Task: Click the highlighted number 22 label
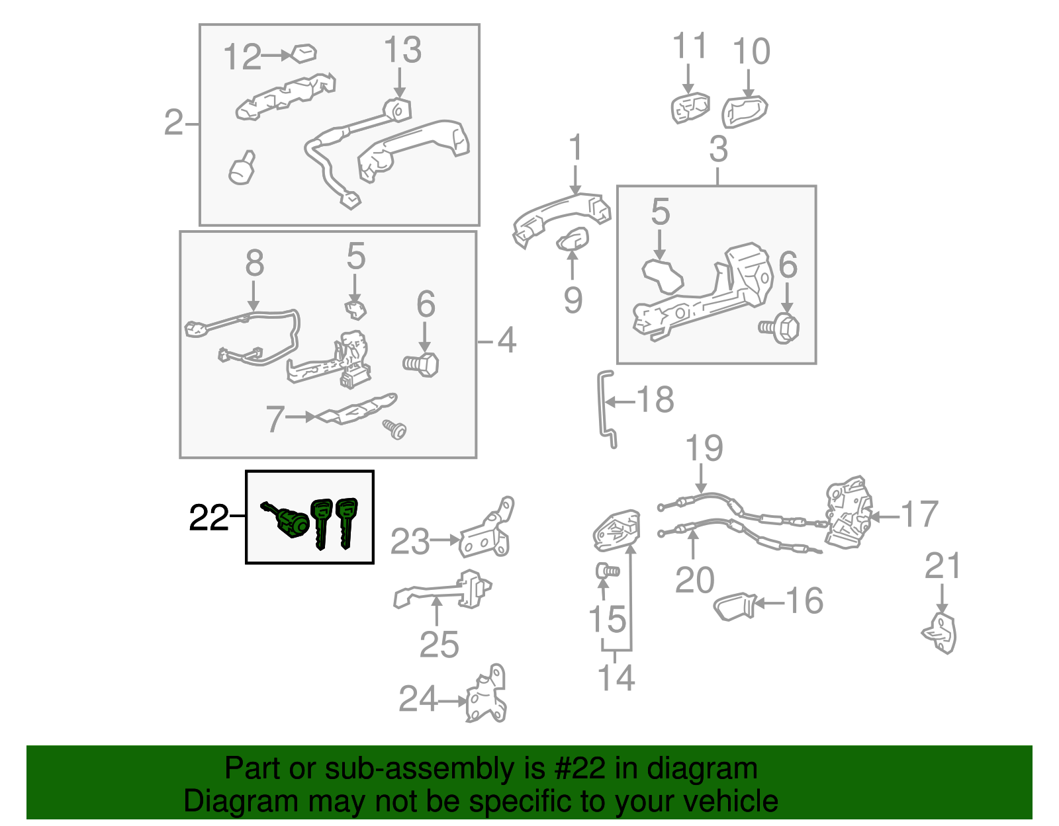(x=208, y=517)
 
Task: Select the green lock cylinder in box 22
(x=287, y=521)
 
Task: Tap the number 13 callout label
(x=402, y=50)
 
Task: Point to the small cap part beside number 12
(x=304, y=54)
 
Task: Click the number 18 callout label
(x=655, y=399)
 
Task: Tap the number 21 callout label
(x=943, y=565)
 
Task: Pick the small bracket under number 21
(x=940, y=634)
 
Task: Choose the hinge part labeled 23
(x=486, y=530)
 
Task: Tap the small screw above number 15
(x=608, y=571)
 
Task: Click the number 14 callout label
(x=616, y=678)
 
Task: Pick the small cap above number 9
(x=573, y=239)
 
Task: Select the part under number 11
(x=690, y=108)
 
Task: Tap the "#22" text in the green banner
(x=580, y=768)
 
